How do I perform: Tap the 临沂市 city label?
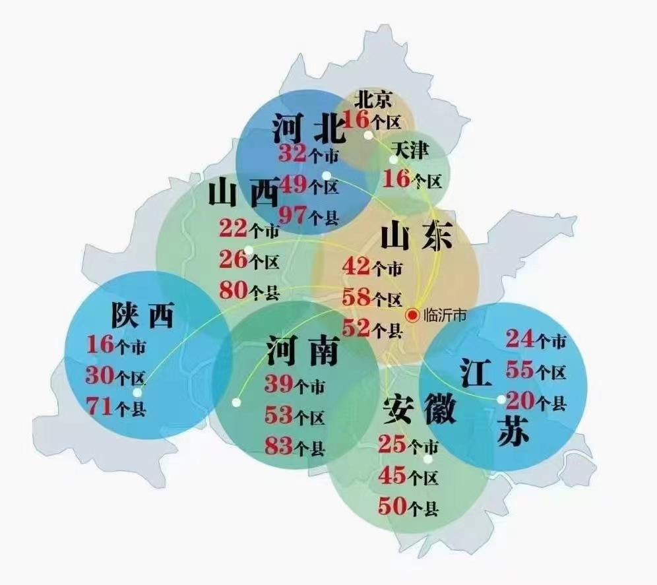(445, 315)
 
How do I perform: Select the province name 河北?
(308, 128)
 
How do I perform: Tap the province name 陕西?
(142, 315)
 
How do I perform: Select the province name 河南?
(302, 351)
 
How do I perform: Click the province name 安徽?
(419, 409)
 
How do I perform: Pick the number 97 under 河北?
(292, 214)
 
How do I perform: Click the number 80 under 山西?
(234, 290)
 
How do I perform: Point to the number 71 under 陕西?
(99, 406)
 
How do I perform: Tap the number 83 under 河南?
(278, 446)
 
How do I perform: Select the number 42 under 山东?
(356, 267)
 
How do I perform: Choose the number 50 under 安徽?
(392, 507)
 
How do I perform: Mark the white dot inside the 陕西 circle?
(137, 392)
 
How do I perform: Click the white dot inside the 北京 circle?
(368, 135)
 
